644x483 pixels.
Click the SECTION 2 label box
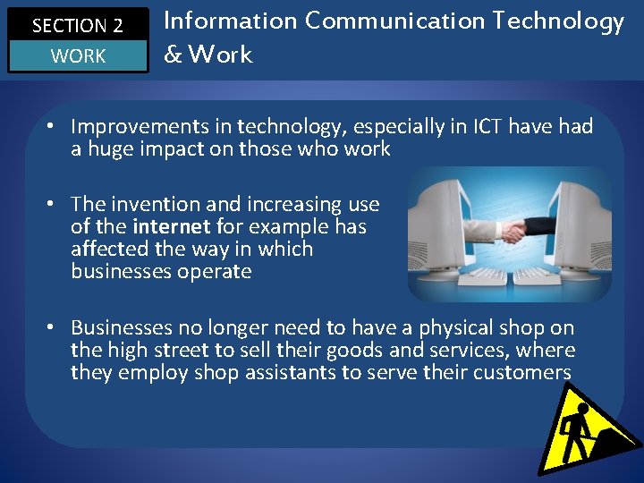(77, 24)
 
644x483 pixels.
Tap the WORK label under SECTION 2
(78, 56)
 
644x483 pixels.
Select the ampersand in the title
(173, 55)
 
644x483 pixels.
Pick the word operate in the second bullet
(214, 271)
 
